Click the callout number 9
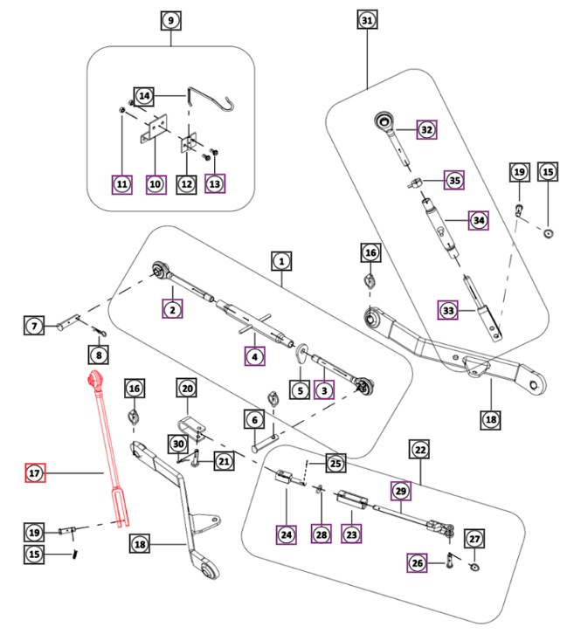[170, 20]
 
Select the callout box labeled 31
[367, 20]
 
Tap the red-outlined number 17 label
[34, 474]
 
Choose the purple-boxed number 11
[121, 184]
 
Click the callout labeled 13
[215, 184]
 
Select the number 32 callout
[426, 130]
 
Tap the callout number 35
[454, 181]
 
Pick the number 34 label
[478, 221]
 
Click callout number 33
[448, 310]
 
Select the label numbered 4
[253, 356]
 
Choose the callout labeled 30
[177, 444]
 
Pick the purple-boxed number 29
[401, 492]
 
